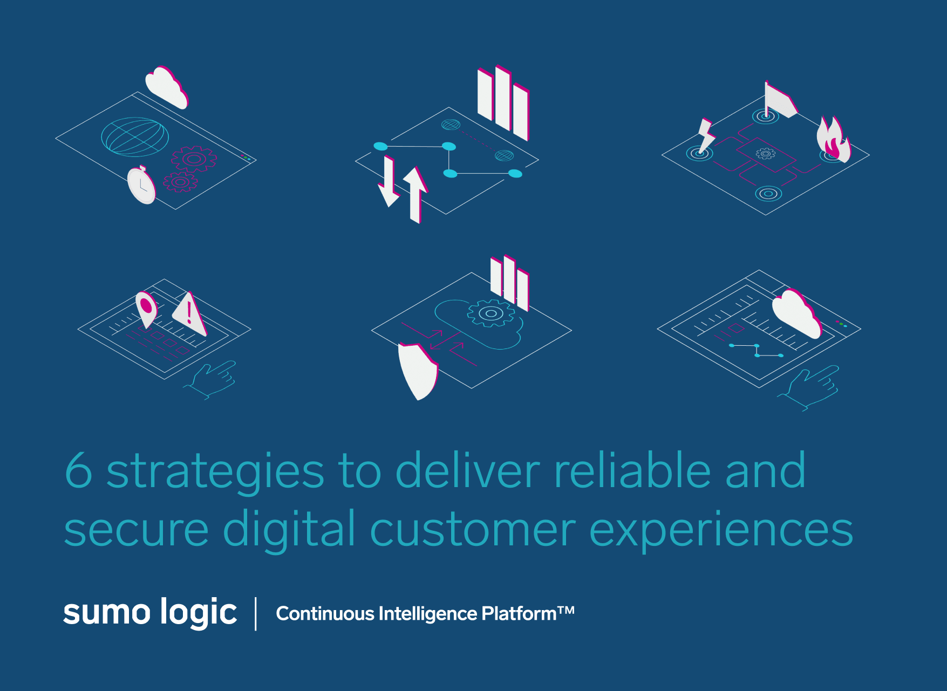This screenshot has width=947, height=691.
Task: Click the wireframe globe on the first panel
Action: tap(135, 136)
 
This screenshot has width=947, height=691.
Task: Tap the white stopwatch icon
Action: tap(141, 185)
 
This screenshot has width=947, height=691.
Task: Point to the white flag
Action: tap(780, 99)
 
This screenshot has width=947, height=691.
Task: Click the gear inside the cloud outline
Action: tap(491, 313)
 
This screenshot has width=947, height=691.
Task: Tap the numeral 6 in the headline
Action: tap(79, 470)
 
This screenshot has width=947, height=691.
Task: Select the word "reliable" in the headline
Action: tap(632, 469)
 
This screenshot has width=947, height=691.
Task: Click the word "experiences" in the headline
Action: tap(721, 531)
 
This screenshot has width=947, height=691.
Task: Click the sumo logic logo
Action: tap(150, 613)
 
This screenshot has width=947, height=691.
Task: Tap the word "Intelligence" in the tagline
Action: tap(428, 614)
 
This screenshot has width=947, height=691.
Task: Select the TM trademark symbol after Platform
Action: tap(566, 610)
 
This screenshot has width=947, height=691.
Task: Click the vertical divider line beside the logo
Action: tap(256, 614)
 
